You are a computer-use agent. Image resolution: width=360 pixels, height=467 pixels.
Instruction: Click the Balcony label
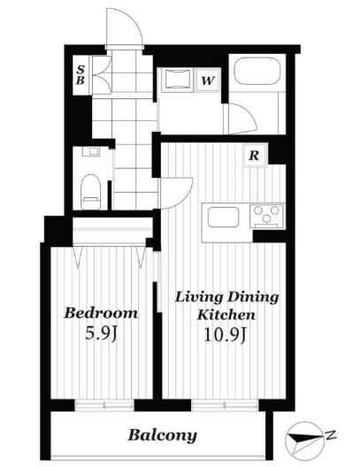[x=162, y=435]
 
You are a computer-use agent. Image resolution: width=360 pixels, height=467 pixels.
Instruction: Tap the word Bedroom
[x=101, y=313]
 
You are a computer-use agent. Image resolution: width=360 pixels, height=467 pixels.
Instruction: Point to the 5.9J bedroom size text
[x=102, y=333]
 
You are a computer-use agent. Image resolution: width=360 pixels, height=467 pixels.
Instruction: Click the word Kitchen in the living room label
[x=226, y=315]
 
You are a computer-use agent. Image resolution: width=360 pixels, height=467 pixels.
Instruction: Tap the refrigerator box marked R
[x=254, y=155]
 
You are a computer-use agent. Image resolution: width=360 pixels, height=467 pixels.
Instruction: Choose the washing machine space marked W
[x=208, y=80]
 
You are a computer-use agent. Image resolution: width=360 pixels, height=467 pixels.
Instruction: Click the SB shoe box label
[x=80, y=75]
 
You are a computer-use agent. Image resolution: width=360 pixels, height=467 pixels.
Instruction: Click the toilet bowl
[x=90, y=191]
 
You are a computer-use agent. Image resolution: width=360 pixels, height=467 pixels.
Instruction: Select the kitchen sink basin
[x=223, y=217]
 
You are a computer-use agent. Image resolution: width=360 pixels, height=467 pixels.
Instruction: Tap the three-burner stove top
[x=267, y=216]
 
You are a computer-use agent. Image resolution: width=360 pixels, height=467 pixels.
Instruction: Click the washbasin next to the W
[x=178, y=79]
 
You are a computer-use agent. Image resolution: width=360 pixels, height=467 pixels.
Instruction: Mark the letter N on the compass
[x=331, y=435]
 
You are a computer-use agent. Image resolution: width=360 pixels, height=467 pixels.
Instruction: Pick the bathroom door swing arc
[x=242, y=119]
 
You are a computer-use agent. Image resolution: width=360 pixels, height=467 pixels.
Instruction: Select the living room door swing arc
[x=177, y=193]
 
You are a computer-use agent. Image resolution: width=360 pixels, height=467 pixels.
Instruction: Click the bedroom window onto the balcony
[x=104, y=405]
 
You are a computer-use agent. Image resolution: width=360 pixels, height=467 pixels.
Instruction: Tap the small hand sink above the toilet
[x=93, y=151]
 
